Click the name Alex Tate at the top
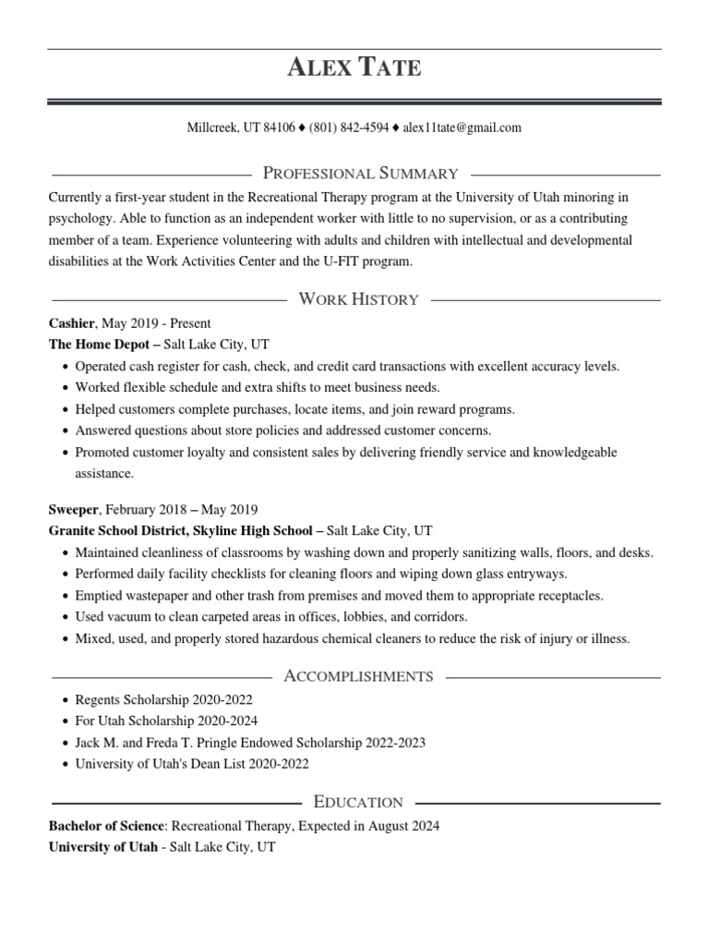click(354, 67)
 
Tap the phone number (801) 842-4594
click(349, 127)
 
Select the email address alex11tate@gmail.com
click(463, 127)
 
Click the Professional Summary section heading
click(361, 173)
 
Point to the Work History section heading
click(359, 299)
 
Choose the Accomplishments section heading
click(358, 676)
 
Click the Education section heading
click(358, 802)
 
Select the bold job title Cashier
click(71, 323)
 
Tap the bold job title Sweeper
click(74, 509)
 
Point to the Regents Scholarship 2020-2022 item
click(163, 700)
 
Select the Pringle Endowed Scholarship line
click(249, 743)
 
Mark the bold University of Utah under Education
click(102, 846)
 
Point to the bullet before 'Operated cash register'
click(64, 367)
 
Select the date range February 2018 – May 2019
click(181, 509)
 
